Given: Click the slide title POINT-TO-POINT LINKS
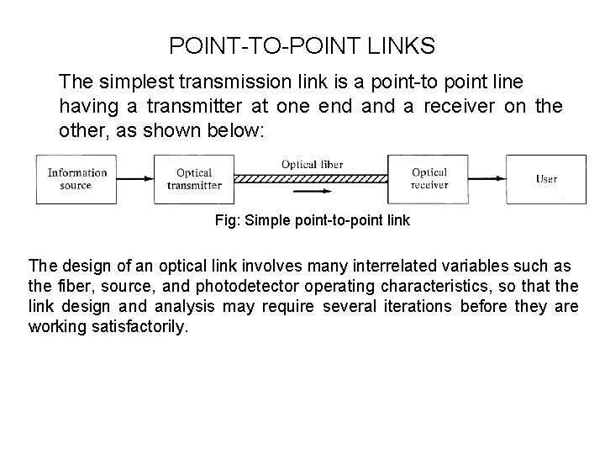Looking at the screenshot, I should click(302, 45).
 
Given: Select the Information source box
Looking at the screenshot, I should click(76, 179).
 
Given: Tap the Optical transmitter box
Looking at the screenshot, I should click(194, 179).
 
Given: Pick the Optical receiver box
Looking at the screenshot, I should click(429, 179).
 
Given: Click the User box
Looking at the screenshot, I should click(546, 179).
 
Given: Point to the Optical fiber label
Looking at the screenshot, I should click(312, 164).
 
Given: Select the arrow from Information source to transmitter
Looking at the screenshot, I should click(134, 179).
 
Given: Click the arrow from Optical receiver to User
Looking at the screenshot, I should click(487, 179).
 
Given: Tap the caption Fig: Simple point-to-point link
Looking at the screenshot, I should click(313, 220).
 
